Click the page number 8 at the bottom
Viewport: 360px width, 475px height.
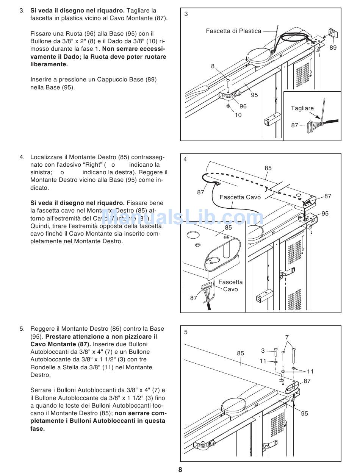[180, 470]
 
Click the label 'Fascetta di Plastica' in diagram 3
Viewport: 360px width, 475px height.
[233, 31]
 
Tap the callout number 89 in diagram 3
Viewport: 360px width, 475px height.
[333, 48]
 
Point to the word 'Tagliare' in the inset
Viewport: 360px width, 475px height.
[302, 108]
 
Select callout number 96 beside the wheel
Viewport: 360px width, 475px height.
[243, 106]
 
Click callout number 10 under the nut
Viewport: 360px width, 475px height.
[238, 115]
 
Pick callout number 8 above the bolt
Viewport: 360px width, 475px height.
[213, 66]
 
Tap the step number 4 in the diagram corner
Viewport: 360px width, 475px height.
[185, 159]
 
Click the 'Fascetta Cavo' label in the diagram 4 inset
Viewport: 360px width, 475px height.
[230, 286]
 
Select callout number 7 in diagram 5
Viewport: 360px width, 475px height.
[287, 337]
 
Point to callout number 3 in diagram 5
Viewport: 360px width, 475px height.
[263, 351]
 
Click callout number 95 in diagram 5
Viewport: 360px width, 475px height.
[305, 414]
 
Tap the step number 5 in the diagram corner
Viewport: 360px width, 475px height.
[186, 332]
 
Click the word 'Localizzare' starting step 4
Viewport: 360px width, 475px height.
[46, 157]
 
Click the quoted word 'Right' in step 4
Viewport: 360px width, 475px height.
[91, 165]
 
